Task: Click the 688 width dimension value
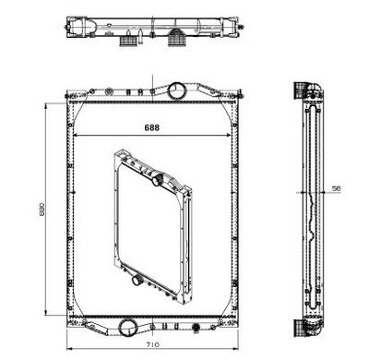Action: [152, 127]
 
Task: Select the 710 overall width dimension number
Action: [153, 344]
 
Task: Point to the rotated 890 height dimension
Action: [42, 210]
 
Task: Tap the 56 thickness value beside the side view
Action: [337, 188]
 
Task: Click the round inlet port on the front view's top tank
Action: [177, 90]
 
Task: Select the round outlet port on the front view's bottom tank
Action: [128, 328]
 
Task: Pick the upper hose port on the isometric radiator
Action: [158, 179]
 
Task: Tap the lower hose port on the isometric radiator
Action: [136, 280]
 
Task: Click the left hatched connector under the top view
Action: [127, 42]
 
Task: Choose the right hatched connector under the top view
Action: [177, 39]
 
